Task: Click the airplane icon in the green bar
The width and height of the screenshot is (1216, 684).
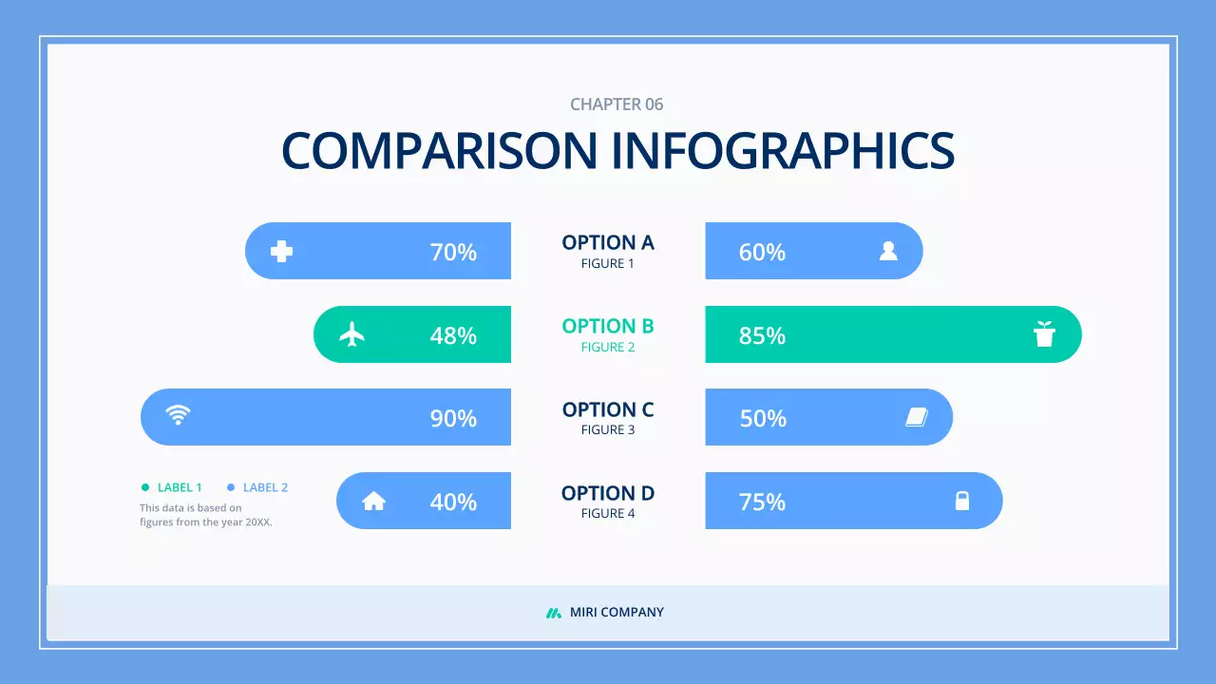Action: (352, 334)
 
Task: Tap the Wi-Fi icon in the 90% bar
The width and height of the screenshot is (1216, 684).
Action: (178, 414)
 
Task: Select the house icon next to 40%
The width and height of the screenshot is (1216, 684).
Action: (374, 501)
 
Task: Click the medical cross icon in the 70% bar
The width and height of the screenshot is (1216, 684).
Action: (281, 251)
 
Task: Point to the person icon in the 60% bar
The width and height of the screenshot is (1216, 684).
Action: (888, 251)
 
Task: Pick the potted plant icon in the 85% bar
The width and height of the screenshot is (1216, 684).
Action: (1044, 334)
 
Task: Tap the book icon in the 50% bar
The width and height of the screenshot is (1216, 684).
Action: (916, 417)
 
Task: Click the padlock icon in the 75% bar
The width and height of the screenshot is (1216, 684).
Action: (962, 501)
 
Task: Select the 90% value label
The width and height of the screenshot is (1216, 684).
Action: (453, 418)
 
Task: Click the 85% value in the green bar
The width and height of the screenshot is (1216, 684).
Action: (762, 335)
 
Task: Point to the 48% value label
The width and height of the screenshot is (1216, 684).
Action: (453, 335)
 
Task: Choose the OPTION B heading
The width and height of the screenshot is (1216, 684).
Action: (608, 326)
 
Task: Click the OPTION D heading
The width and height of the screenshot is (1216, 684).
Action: (608, 493)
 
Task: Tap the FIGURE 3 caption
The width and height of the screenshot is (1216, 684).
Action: (608, 430)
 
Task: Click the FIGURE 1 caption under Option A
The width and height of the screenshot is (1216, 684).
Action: (608, 264)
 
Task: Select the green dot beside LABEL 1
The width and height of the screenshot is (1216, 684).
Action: (145, 487)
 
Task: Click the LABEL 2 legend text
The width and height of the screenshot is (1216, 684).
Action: (265, 487)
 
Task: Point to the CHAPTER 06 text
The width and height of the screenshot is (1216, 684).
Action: (617, 104)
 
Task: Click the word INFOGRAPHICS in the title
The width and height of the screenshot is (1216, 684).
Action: (782, 150)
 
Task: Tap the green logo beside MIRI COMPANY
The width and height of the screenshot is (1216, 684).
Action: (554, 613)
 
